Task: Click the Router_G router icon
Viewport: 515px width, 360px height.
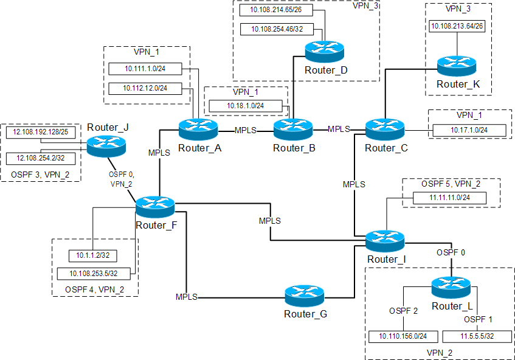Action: click(x=305, y=297)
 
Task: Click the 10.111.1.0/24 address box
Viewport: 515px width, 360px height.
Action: click(x=146, y=69)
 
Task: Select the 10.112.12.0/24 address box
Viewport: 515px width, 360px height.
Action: click(x=146, y=88)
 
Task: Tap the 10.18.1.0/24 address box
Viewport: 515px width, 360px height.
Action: click(x=246, y=106)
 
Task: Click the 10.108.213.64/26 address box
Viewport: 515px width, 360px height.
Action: click(x=457, y=26)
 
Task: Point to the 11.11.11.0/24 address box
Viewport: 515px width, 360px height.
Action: click(x=450, y=198)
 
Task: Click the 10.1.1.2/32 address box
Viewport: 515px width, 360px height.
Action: click(x=87, y=255)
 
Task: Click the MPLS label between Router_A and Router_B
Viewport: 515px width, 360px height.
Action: click(x=246, y=130)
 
